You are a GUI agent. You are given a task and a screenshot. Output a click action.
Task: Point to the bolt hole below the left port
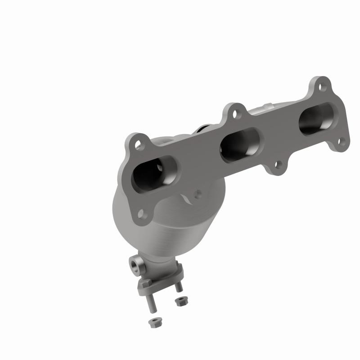click(143, 213)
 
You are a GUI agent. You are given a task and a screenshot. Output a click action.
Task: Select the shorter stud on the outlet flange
click(178, 287)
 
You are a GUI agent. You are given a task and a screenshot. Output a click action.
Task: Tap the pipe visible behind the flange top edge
click(265, 109)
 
